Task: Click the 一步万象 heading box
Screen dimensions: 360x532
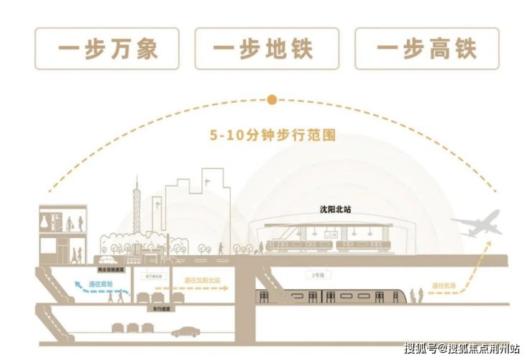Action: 107,48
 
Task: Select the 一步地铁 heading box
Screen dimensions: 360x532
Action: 267,48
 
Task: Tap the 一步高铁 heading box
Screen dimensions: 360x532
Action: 426,48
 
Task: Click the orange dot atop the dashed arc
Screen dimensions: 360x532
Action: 272,100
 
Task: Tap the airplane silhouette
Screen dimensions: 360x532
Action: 476,223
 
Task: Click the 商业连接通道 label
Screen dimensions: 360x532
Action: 111,269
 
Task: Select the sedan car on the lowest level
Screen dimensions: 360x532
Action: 185,332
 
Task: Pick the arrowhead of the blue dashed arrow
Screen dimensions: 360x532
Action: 72,282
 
